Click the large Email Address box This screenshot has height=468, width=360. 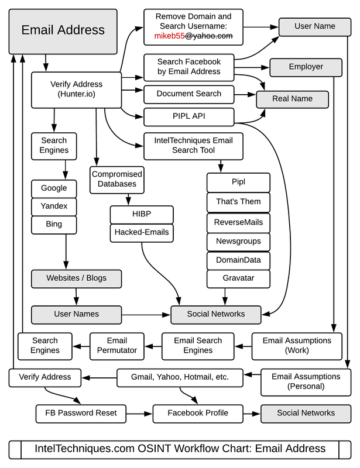click(x=63, y=30)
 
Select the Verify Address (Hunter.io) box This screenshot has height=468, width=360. click(x=76, y=90)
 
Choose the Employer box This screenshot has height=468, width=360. click(x=306, y=67)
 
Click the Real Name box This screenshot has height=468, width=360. click(x=292, y=99)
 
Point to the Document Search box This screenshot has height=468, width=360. click(x=188, y=94)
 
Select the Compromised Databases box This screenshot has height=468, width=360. click(x=117, y=179)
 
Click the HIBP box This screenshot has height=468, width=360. click(x=142, y=214)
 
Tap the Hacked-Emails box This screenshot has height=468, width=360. click(x=142, y=232)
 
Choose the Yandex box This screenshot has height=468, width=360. click(x=54, y=206)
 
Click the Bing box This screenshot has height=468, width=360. click(x=54, y=224)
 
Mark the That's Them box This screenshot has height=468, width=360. click(x=238, y=202)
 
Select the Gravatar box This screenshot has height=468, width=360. click(x=238, y=278)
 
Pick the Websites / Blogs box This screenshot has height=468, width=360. click(x=77, y=278)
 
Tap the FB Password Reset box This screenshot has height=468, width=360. click(x=80, y=413)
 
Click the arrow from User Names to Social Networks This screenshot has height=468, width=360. click(x=146, y=314)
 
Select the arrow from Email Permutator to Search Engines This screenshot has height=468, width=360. click(x=81, y=345)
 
